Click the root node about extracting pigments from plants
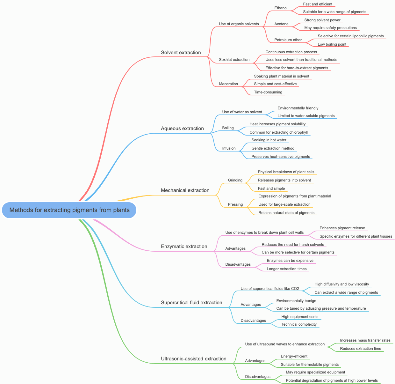[x=69, y=210]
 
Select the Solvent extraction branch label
[x=181, y=53]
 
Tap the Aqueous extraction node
[x=182, y=129]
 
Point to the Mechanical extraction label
[x=185, y=190]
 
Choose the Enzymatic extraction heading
[x=184, y=247]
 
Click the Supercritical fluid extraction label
[x=191, y=303]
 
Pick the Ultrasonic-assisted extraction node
[x=193, y=359]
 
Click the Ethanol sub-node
[x=281, y=8]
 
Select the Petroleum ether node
[x=288, y=40]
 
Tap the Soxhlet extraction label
[x=234, y=60]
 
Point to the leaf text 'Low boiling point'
[x=332, y=44]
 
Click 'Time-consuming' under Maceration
[x=268, y=92]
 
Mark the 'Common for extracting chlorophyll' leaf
[x=278, y=132]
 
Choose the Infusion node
[x=229, y=148]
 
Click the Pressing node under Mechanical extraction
[x=235, y=204]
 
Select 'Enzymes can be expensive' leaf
[x=290, y=261]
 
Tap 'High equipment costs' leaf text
[x=300, y=317]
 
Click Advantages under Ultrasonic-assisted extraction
[x=255, y=361]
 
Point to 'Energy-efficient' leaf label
[x=294, y=356]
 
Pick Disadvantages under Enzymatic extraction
[x=238, y=264]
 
